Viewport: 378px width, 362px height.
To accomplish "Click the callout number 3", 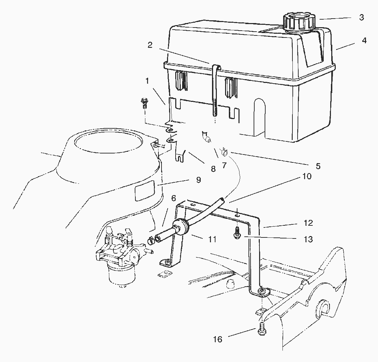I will coord(362,18).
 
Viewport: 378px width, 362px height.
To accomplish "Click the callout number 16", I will coord(218,340).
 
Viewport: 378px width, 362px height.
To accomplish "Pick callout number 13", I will coord(309,239).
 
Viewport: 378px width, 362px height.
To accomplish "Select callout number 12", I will coord(308,223).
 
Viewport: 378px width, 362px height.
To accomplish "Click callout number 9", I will coord(198,180).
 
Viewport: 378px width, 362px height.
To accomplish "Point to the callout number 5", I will coord(318,166).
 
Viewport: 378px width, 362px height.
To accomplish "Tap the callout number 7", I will coord(224,166).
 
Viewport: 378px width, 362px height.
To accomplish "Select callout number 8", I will coord(213,169).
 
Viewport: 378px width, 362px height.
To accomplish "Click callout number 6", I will coord(174,198).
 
